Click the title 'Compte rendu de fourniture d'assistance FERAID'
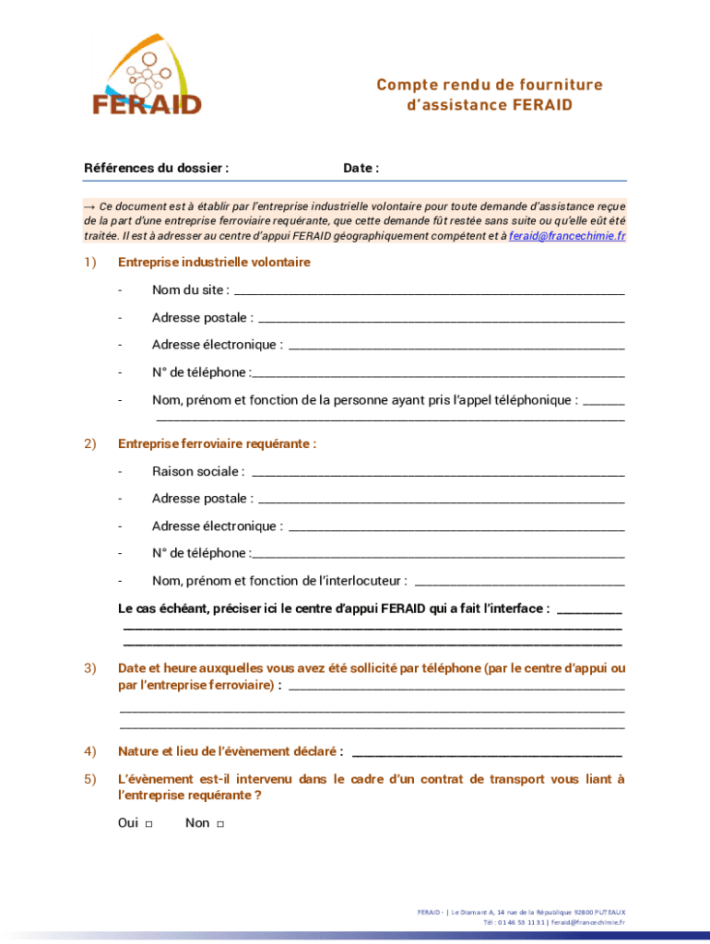pos(489,95)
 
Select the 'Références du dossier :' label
pos(156,168)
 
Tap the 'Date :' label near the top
pos(361,168)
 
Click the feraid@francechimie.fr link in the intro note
pos(567,236)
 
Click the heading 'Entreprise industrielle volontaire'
pos(214,263)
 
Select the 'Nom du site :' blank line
pos(429,292)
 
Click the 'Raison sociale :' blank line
pos(437,473)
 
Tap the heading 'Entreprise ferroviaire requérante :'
pos(217,444)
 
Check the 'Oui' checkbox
pos(149,824)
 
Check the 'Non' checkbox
pos(220,824)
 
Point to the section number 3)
pos(90,668)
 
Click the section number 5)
pos(90,780)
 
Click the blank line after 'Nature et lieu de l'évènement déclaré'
pos(486,753)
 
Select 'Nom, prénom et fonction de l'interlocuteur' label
pos(279,582)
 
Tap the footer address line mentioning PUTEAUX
pos(521,912)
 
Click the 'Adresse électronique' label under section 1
pos(217,345)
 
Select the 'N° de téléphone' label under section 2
pos(200,553)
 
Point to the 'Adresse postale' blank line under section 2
pos(441,501)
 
